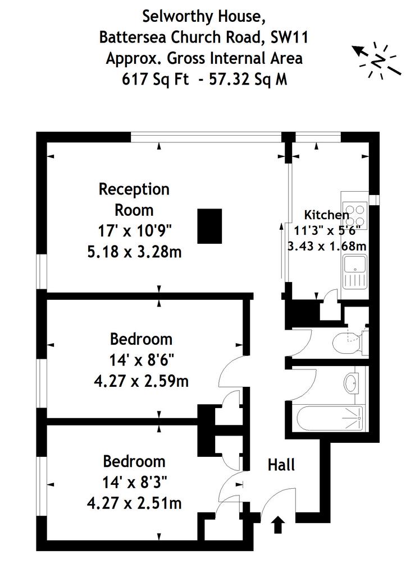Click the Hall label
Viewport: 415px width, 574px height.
click(281, 465)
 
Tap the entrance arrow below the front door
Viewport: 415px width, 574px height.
click(278, 525)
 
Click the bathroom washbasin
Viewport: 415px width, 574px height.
click(351, 383)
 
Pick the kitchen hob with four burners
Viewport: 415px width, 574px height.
click(354, 215)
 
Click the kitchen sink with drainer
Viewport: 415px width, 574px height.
click(354, 272)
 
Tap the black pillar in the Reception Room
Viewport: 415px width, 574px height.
click(209, 226)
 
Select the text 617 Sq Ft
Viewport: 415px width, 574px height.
click(155, 79)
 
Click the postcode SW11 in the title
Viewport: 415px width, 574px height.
click(289, 38)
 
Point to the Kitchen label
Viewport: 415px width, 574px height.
click(327, 215)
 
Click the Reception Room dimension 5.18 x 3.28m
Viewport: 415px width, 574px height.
click(134, 252)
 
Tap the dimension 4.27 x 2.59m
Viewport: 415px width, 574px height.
click(142, 381)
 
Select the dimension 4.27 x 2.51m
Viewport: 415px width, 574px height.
click(134, 503)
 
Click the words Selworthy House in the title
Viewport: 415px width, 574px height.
click(203, 17)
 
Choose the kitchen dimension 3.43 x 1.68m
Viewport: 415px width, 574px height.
click(327, 246)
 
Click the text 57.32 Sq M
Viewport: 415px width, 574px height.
click(248, 79)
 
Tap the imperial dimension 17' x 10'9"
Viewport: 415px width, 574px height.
click(135, 231)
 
